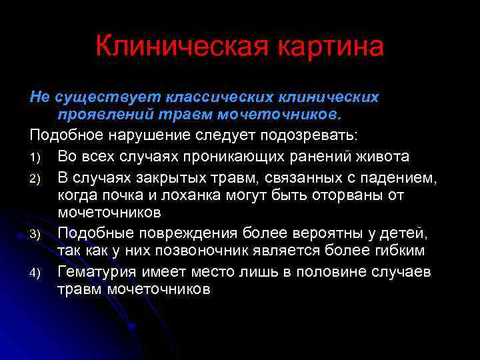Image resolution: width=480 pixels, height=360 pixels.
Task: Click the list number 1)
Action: [36, 157]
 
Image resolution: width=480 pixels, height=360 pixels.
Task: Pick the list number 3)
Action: [36, 234]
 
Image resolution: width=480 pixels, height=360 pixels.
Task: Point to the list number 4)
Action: [36, 273]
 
